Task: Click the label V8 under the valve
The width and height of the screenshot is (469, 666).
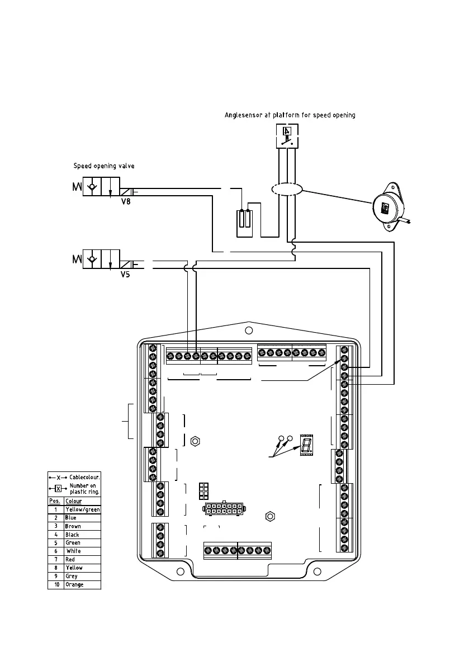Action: click(x=126, y=202)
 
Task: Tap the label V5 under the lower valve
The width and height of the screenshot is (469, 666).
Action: click(x=125, y=275)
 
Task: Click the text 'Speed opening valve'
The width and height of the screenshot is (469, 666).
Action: click(x=104, y=166)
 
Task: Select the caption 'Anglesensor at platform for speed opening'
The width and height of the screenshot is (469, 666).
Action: click(x=290, y=115)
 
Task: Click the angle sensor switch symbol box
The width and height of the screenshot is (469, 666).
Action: click(x=287, y=135)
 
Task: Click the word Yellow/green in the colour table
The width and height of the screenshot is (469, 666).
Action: click(x=82, y=509)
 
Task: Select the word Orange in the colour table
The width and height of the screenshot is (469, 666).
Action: click(x=74, y=585)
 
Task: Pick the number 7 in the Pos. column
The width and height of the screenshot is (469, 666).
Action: click(x=55, y=560)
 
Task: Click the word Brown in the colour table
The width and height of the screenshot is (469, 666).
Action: click(x=73, y=526)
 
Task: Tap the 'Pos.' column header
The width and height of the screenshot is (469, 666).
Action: click(x=55, y=501)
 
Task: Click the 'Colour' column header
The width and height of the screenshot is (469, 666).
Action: click(x=73, y=501)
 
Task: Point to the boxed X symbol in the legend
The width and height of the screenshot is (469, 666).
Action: click(x=58, y=488)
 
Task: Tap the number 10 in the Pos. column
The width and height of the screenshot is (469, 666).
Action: click(x=55, y=585)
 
